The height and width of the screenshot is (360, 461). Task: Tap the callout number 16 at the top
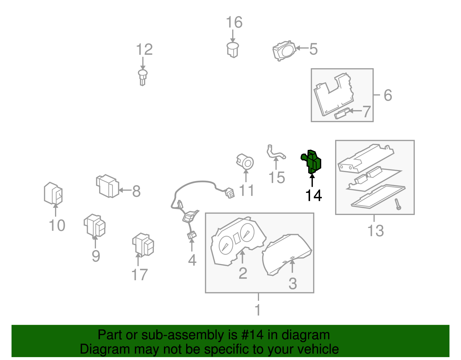(234, 22)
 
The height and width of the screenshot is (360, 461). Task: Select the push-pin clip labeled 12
(143, 77)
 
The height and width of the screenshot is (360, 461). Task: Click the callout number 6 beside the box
(388, 95)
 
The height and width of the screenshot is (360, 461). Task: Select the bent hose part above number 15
(275, 153)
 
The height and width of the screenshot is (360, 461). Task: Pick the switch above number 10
(53, 193)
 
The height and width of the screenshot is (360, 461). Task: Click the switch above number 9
(95, 225)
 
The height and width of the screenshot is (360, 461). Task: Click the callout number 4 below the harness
(192, 260)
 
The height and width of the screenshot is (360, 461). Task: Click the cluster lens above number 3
(287, 254)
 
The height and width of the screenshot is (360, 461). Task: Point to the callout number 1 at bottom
(258, 310)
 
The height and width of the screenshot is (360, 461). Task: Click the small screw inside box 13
(398, 204)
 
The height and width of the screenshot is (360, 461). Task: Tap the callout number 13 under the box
(375, 231)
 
